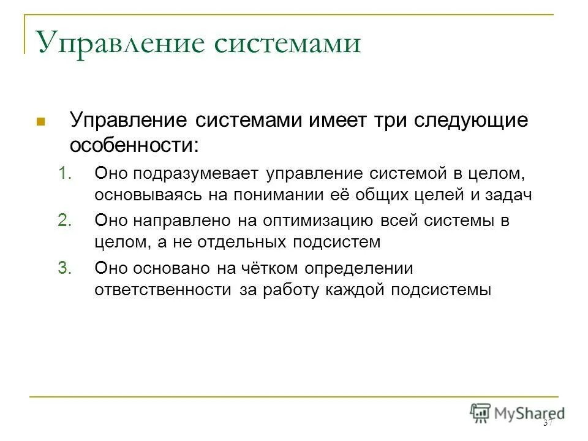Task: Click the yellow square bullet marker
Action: click(41, 121)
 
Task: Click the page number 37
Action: click(548, 424)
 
